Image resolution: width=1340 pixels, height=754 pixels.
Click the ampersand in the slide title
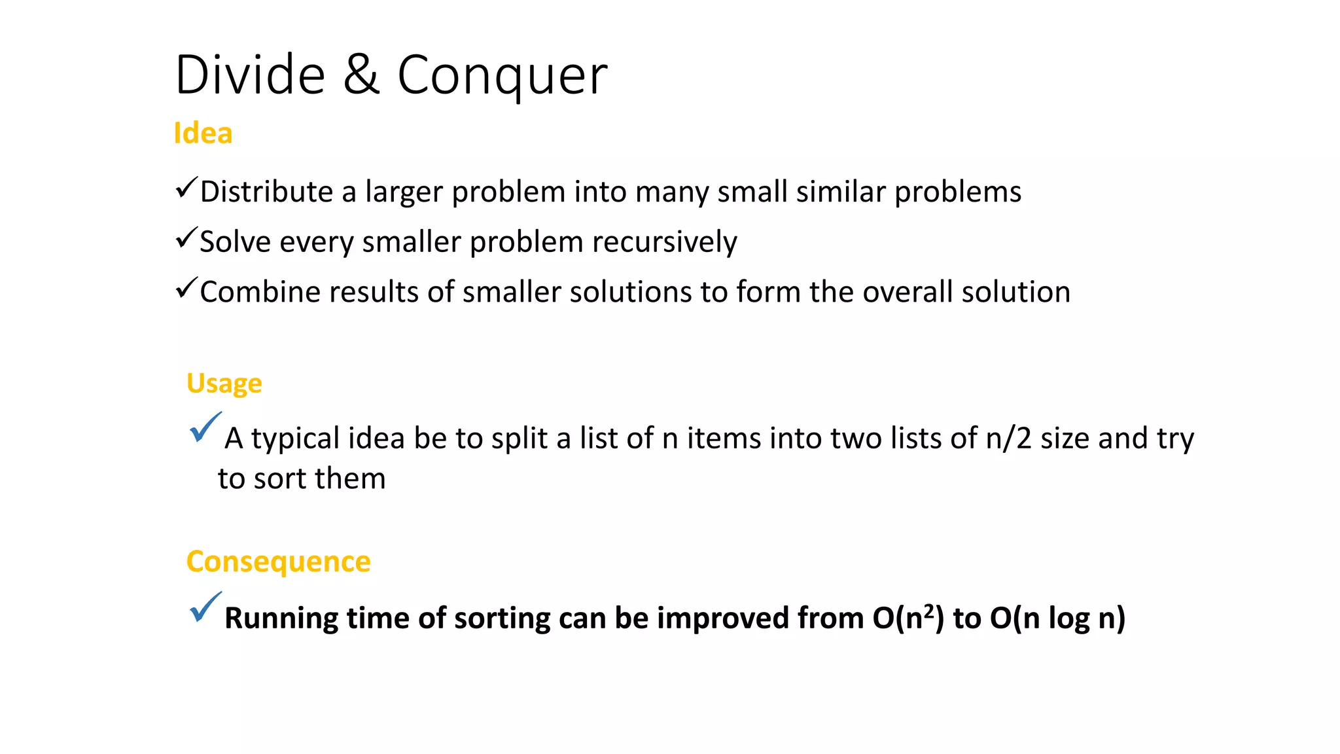tap(361, 75)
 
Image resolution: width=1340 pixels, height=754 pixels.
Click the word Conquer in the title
tap(502, 76)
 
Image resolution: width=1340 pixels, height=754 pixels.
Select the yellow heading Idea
tap(203, 134)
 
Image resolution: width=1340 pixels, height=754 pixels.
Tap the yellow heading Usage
tap(224, 384)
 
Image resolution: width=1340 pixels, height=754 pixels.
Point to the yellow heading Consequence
tap(278, 562)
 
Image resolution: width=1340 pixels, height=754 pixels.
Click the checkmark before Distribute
tap(186, 188)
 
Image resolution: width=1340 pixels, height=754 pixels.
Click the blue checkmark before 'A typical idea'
tap(205, 428)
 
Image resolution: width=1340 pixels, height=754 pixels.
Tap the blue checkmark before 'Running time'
tap(205, 607)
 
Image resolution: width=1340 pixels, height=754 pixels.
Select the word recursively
tap(664, 242)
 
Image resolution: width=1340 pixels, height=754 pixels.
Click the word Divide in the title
tap(250, 75)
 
